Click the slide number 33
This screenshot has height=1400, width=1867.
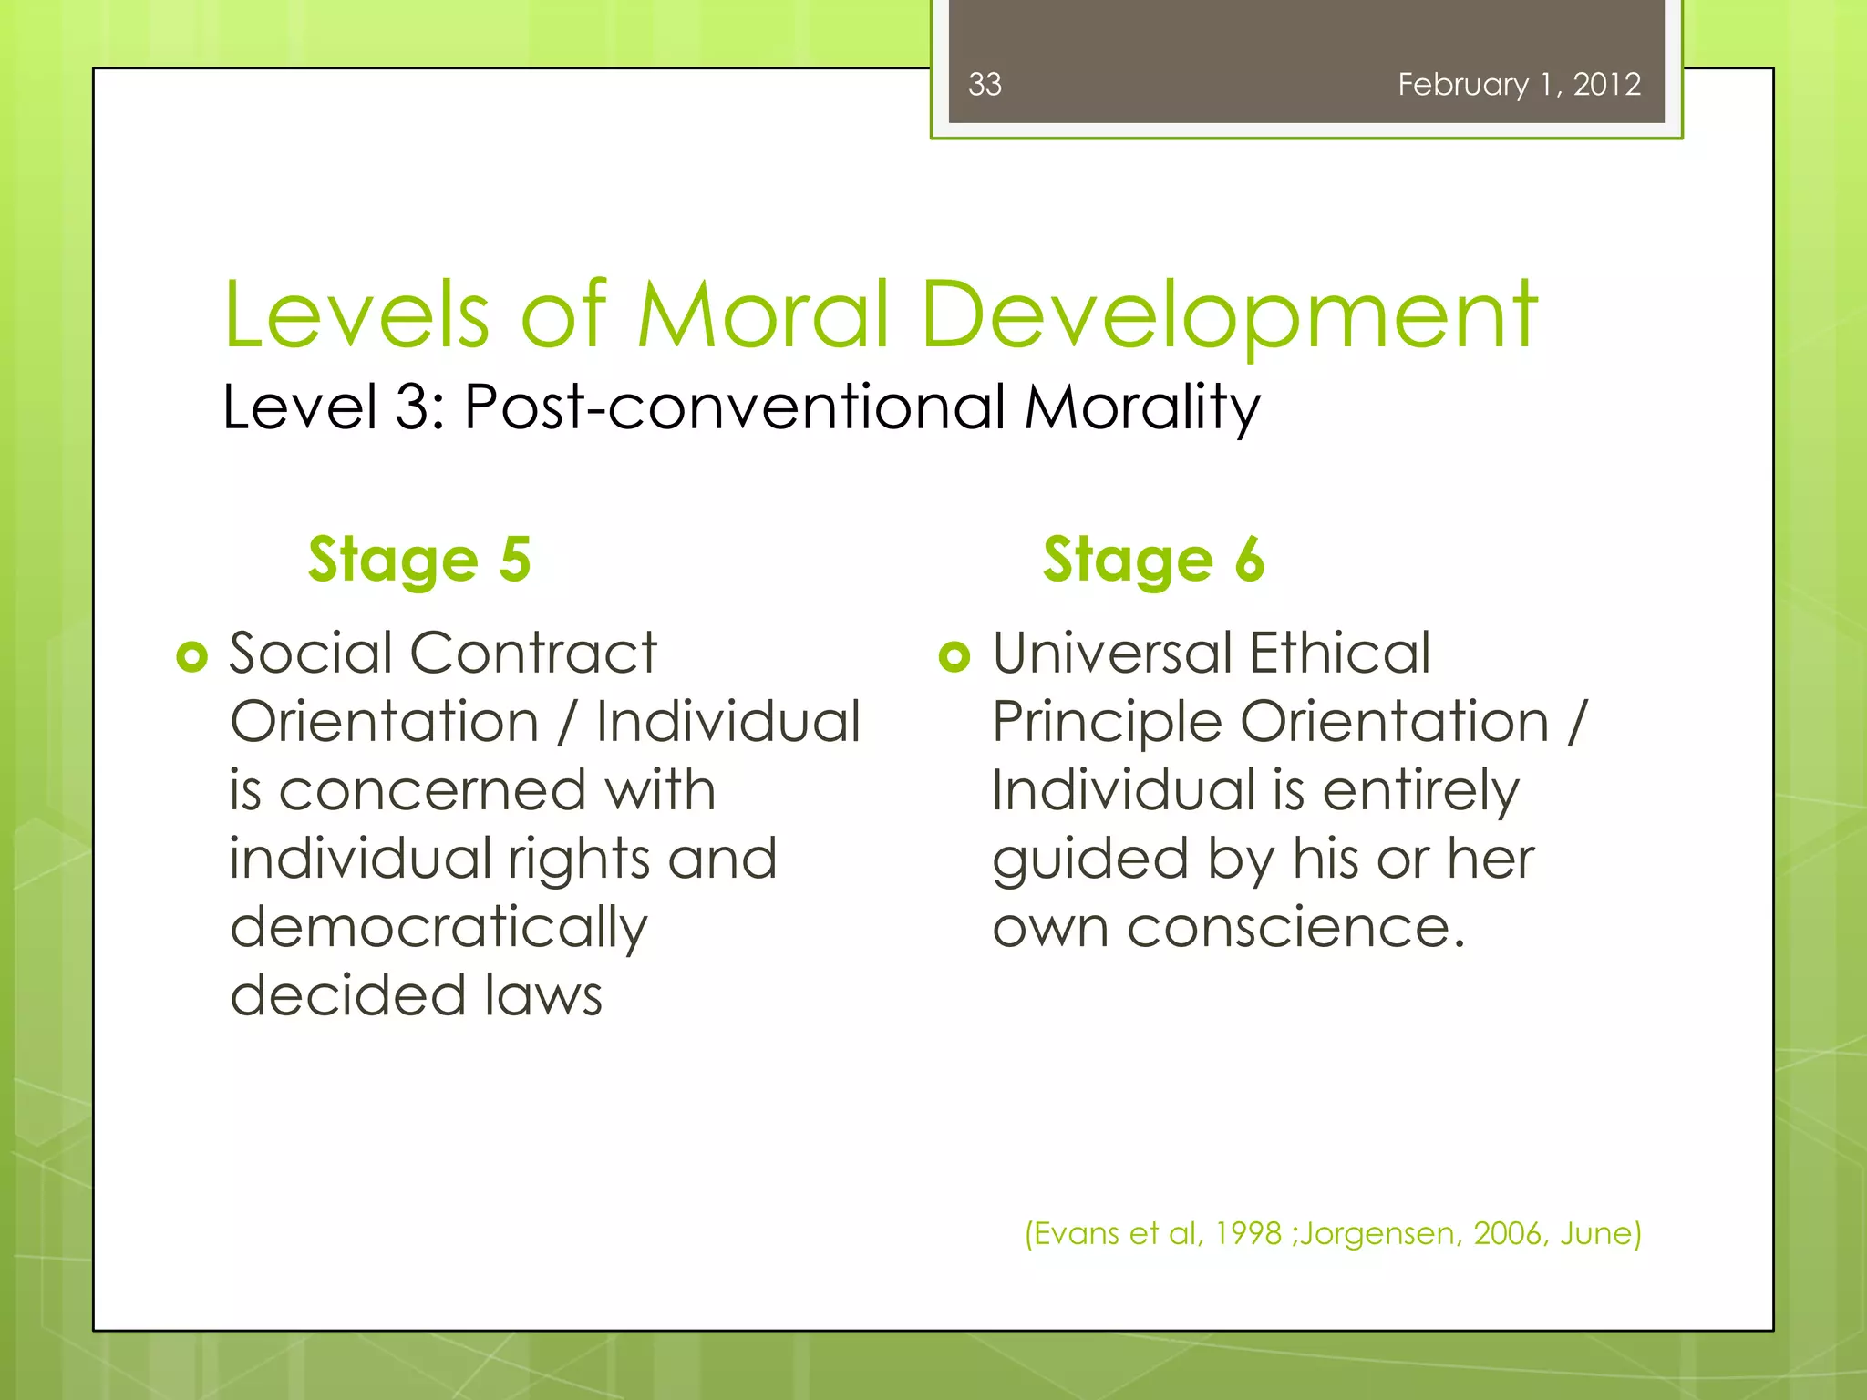[985, 85]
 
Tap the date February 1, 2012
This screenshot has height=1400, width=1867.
[1519, 85]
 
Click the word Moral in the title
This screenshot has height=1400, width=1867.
[762, 314]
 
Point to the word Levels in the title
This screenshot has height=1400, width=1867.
[357, 314]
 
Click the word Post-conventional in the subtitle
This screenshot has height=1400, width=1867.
[735, 407]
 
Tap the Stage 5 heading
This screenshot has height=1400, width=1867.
[419, 559]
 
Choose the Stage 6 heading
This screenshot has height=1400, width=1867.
[1153, 559]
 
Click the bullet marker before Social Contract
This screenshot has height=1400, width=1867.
[192, 656]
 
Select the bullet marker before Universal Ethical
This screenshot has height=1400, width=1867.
[954, 656]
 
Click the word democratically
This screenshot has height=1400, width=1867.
[438, 929]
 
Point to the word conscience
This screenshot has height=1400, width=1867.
[1295, 927]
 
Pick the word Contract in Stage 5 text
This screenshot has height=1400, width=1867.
[533, 654]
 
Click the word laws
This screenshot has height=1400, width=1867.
[543, 995]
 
